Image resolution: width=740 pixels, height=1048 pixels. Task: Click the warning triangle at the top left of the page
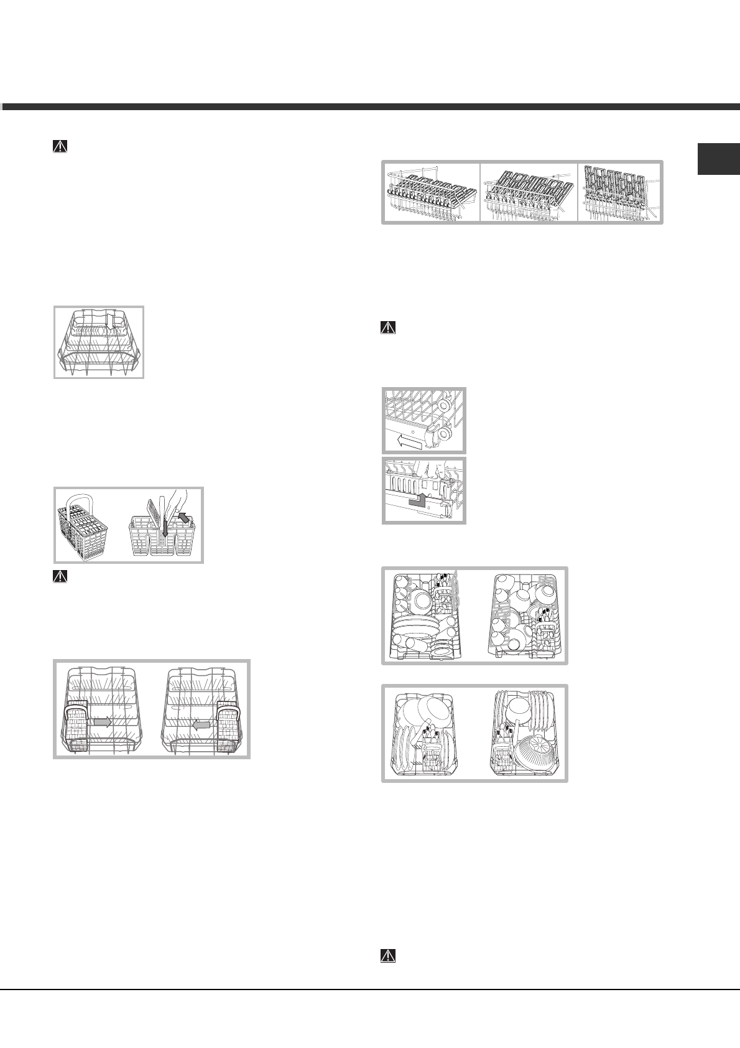click(58, 147)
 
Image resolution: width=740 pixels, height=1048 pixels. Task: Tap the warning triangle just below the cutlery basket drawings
click(58, 577)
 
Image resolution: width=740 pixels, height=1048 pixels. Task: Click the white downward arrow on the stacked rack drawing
click(107, 321)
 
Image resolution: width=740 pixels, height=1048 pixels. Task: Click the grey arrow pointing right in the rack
click(103, 723)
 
